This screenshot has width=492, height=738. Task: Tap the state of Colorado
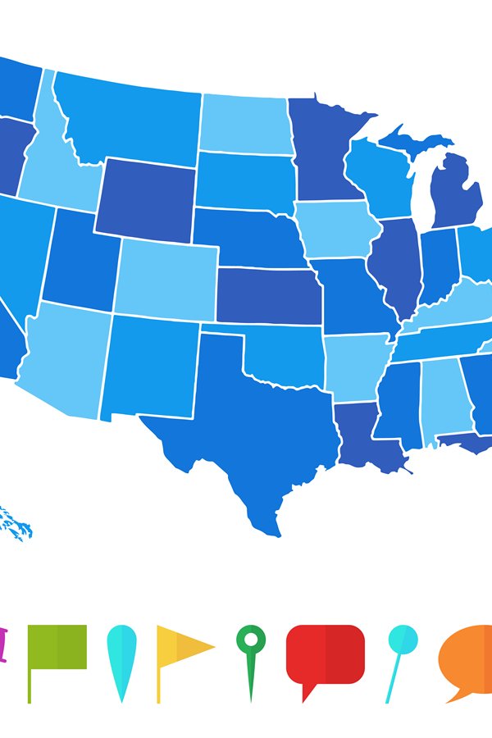(166, 279)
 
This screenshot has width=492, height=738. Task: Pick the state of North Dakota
(244, 123)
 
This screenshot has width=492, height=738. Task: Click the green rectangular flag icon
(57, 648)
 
